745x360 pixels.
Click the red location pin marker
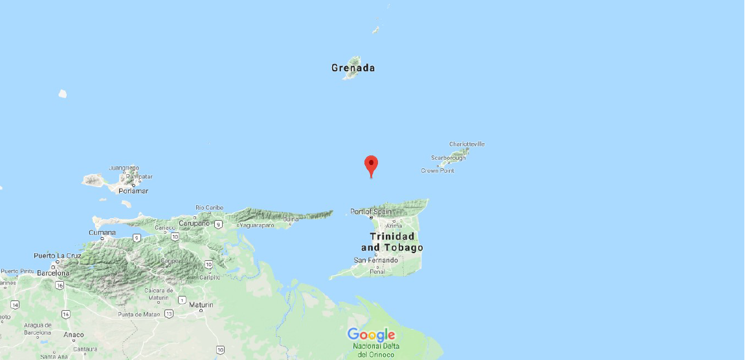click(x=371, y=165)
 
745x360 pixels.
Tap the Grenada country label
click(x=353, y=68)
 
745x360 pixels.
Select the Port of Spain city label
click(x=371, y=212)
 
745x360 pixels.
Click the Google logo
click(x=371, y=335)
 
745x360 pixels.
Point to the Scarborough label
click(x=448, y=158)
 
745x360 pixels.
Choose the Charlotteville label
click(x=467, y=144)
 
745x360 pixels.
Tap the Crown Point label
click(x=438, y=171)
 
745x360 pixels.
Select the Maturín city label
click(x=201, y=304)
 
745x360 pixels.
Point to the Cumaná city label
click(x=103, y=232)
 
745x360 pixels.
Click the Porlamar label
click(x=134, y=191)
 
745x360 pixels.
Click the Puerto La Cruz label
click(x=58, y=255)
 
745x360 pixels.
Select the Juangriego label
click(x=124, y=168)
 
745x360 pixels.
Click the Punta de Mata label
click(x=139, y=315)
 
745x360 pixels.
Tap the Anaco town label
click(x=74, y=335)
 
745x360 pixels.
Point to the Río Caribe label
click(x=209, y=208)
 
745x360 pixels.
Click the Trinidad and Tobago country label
click(x=392, y=242)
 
